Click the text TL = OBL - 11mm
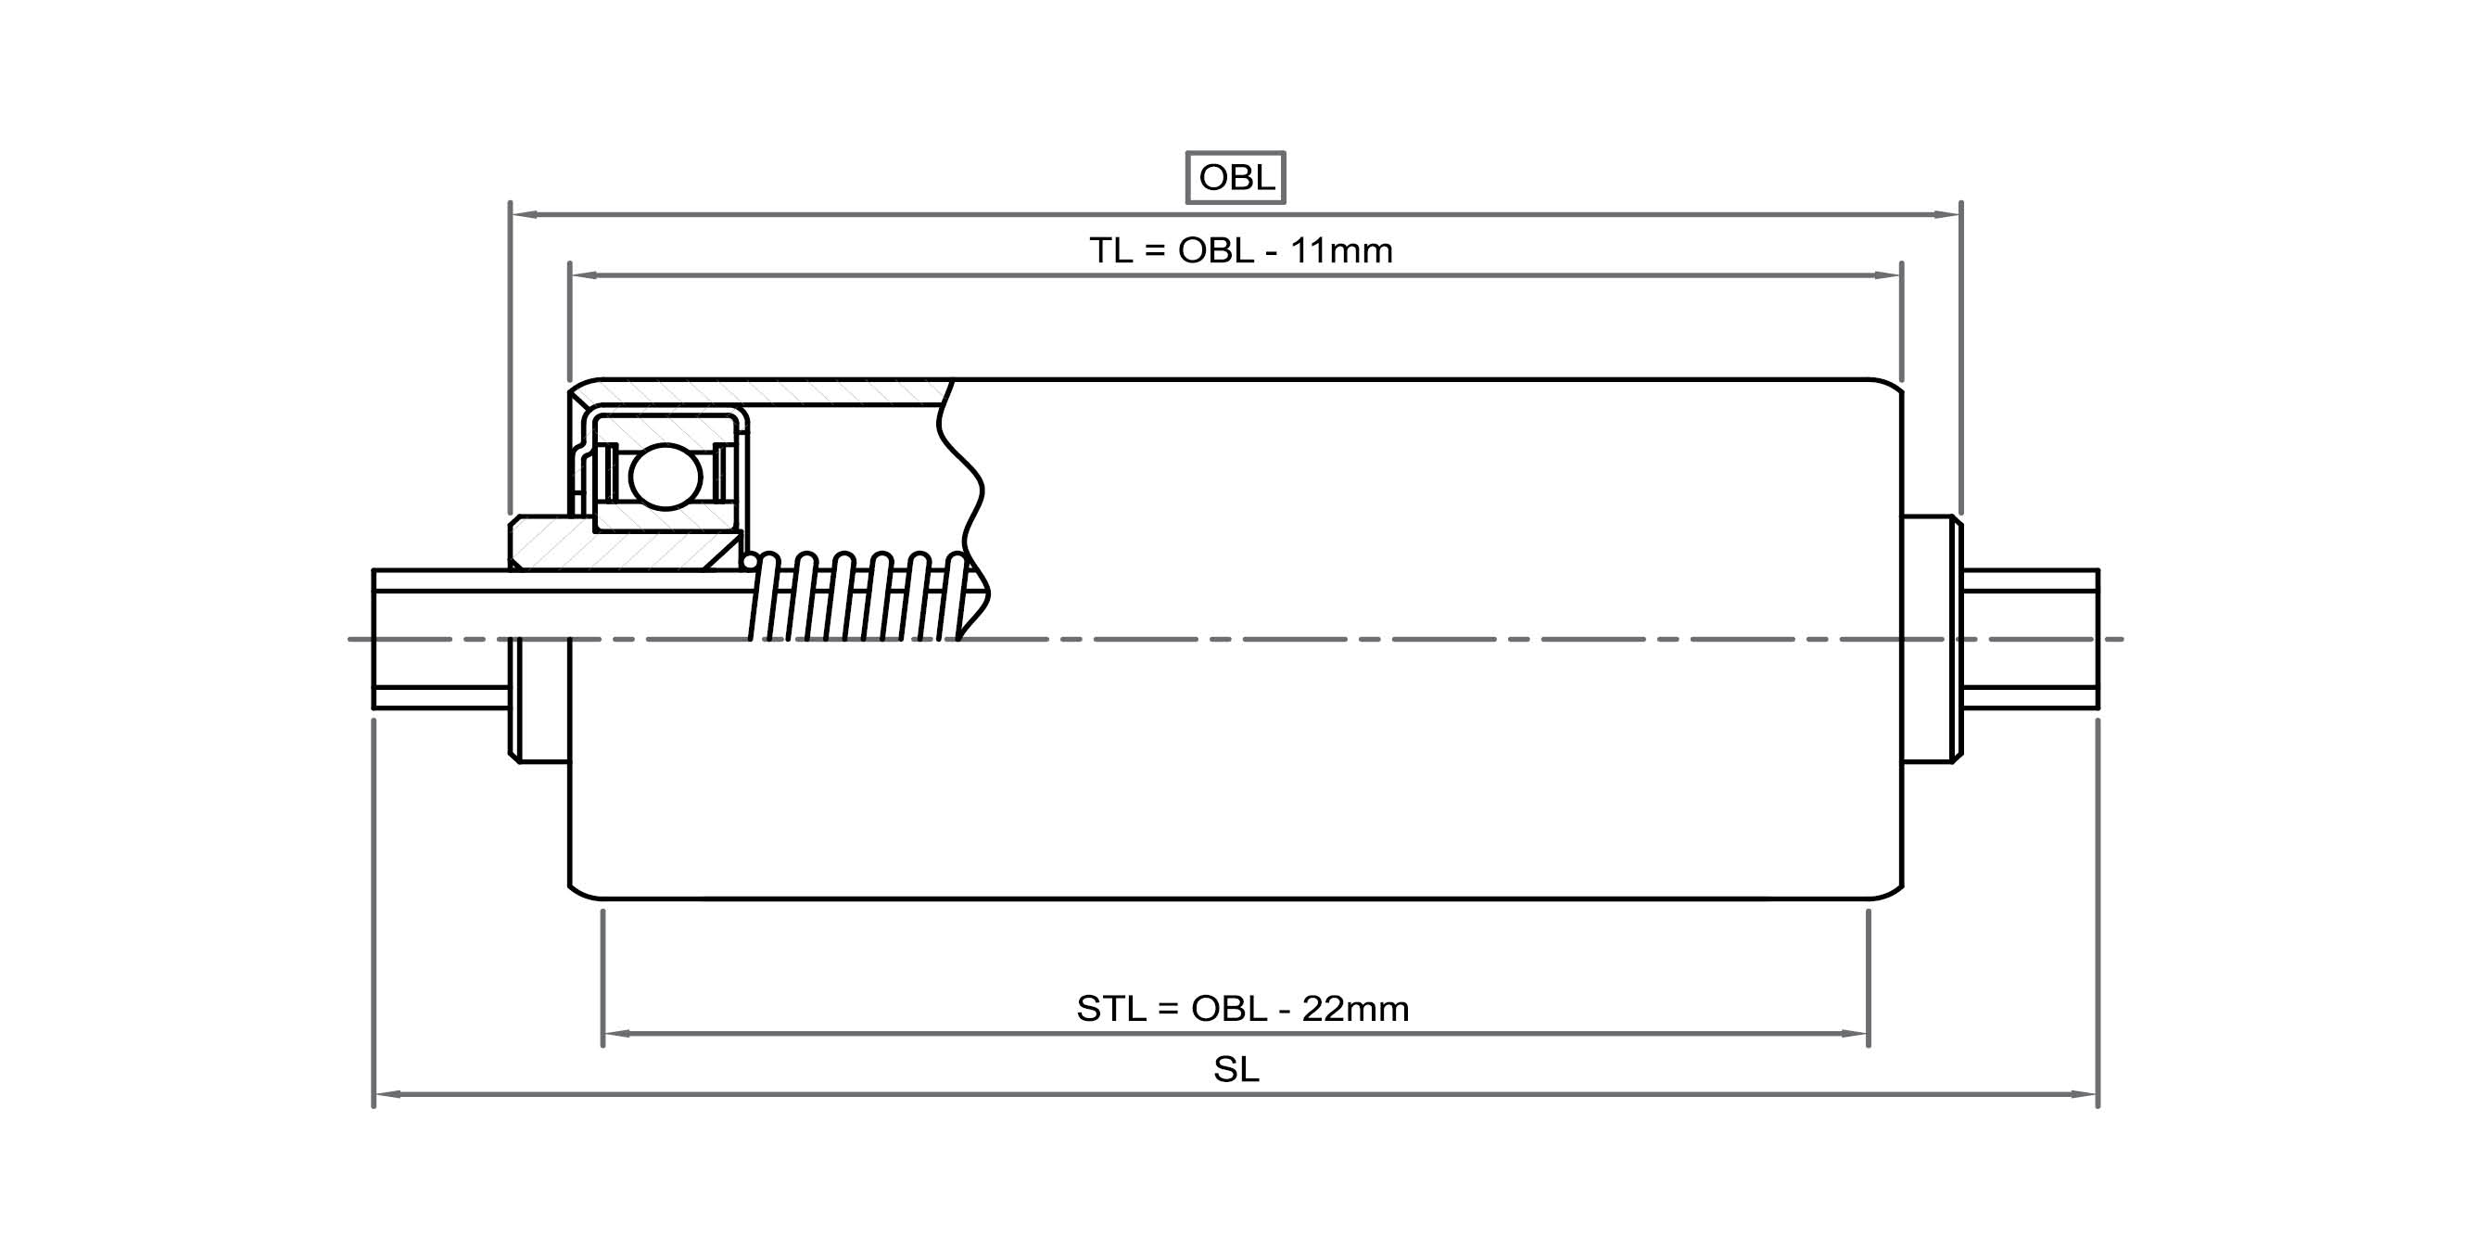pyautogui.click(x=1240, y=250)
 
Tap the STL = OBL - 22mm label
pyautogui.click(x=1242, y=1009)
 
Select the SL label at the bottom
pyautogui.click(x=1236, y=1069)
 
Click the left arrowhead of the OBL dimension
pyautogui.click(x=524, y=215)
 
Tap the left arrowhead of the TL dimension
pyautogui.click(x=583, y=275)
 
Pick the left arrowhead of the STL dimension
pyautogui.click(x=616, y=1034)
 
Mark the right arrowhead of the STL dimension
pyautogui.click(x=1855, y=1034)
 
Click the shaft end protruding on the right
pyautogui.click(x=2031, y=638)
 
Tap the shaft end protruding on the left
pyautogui.click(x=437, y=638)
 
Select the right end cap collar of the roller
pyautogui.click(x=1931, y=638)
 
